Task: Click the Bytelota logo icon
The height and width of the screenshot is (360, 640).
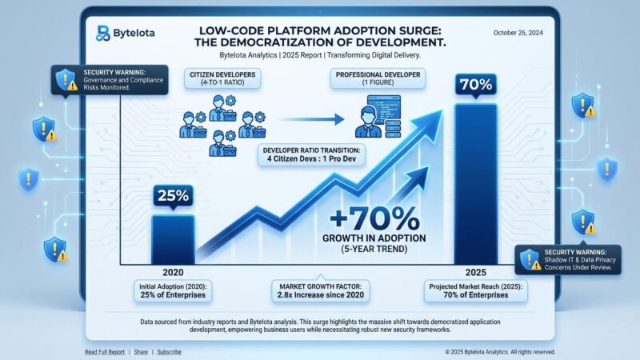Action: [102, 33]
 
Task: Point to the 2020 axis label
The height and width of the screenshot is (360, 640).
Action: [172, 271]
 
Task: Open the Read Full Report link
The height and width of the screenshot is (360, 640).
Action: [105, 351]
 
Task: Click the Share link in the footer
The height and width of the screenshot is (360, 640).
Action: [141, 351]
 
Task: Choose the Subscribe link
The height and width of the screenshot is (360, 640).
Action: [169, 351]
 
